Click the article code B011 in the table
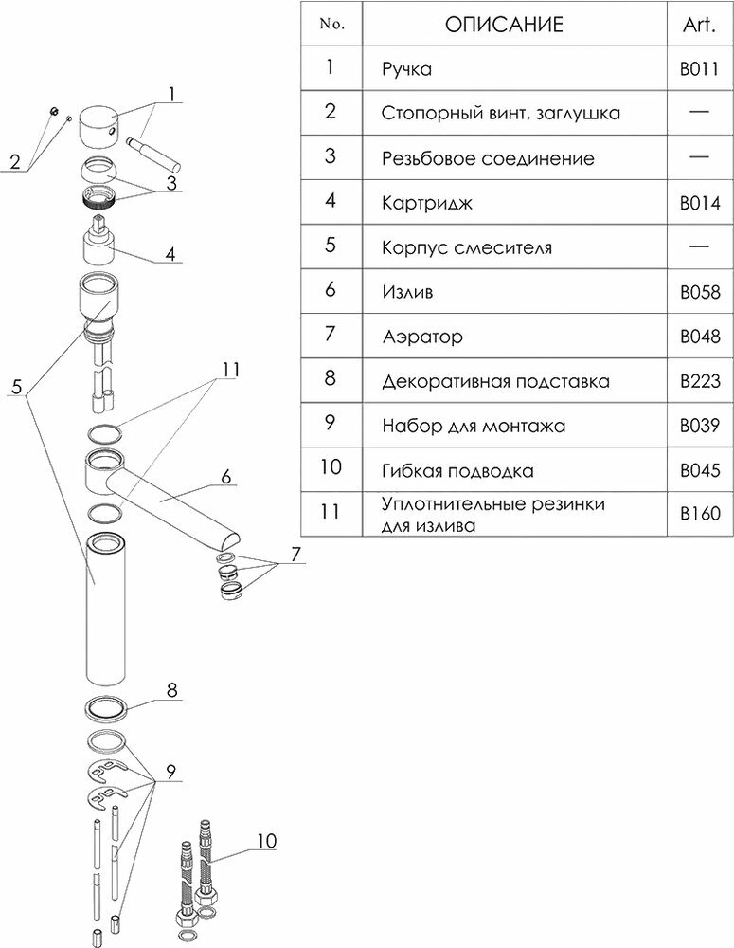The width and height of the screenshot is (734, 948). pyautogui.click(x=700, y=69)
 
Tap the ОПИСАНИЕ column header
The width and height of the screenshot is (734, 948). pyautogui.click(x=503, y=25)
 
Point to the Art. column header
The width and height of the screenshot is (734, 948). pyautogui.click(x=700, y=25)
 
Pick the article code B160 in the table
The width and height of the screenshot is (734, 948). pyautogui.click(x=700, y=514)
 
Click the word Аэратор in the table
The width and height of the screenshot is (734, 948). pyautogui.click(x=422, y=337)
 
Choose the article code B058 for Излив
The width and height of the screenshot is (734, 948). pyautogui.click(x=700, y=292)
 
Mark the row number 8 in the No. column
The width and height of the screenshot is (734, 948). pyautogui.click(x=330, y=380)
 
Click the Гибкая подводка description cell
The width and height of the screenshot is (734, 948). pyautogui.click(x=457, y=471)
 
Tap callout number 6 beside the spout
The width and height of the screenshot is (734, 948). pyautogui.click(x=226, y=477)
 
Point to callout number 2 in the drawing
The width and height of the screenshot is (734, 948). pyautogui.click(x=14, y=161)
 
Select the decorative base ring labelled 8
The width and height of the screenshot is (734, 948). pyautogui.click(x=106, y=709)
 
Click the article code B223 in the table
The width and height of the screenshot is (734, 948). pyautogui.click(x=700, y=381)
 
